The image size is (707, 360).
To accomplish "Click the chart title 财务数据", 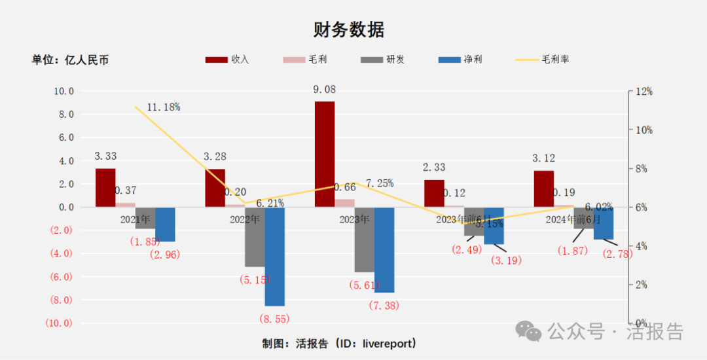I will [x=348, y=29].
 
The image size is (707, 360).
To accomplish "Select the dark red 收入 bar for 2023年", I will [x=324, y=154].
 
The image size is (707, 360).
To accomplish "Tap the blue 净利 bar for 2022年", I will [x=275, y=257].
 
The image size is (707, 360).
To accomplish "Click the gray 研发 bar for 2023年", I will [x=364, y=240].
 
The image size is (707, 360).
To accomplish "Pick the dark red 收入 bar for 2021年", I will [x=105, y=188].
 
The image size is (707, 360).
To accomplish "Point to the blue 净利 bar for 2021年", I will [x=165, y=225].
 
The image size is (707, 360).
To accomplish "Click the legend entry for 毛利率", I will [x=543, y=60].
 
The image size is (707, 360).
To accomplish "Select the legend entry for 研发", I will [x=383, y=60].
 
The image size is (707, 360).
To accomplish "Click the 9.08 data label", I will [x=325, y=90].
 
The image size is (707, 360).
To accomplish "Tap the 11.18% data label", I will [x=163, y=107].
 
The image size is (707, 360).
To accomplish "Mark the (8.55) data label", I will [x=274, y=319].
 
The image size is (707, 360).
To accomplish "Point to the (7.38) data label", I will [x=384, y=305].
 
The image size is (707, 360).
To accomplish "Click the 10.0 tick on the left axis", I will [x=63, y=91].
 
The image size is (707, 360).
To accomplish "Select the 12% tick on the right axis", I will [x=644, y=92].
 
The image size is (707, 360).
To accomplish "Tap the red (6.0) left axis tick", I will [x=59, y=277].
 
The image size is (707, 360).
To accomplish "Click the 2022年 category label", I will [x=245, y=219].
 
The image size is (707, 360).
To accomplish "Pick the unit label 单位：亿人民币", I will [x=70, y=60].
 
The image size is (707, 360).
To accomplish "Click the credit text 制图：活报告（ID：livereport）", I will [x=339, y=343].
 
